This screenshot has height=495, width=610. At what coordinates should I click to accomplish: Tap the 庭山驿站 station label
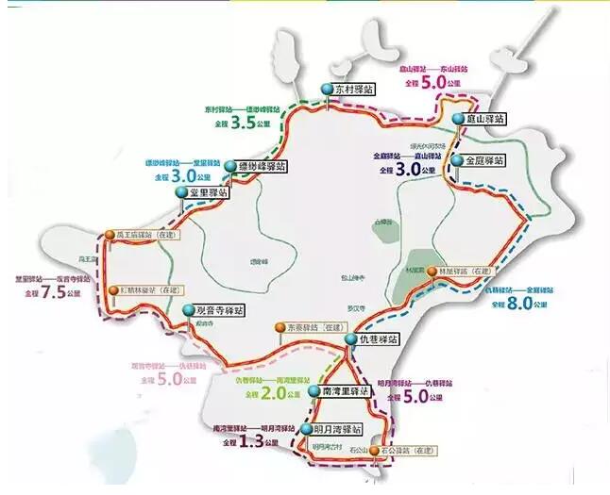[484, 120]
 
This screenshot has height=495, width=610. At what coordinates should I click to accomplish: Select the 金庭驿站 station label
[484, 160]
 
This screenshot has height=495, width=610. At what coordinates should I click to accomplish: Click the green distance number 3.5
[243, 123]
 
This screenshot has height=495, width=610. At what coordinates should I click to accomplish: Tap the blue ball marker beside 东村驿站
[327, 89]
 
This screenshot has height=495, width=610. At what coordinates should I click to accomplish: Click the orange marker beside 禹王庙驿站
[110, 234]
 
